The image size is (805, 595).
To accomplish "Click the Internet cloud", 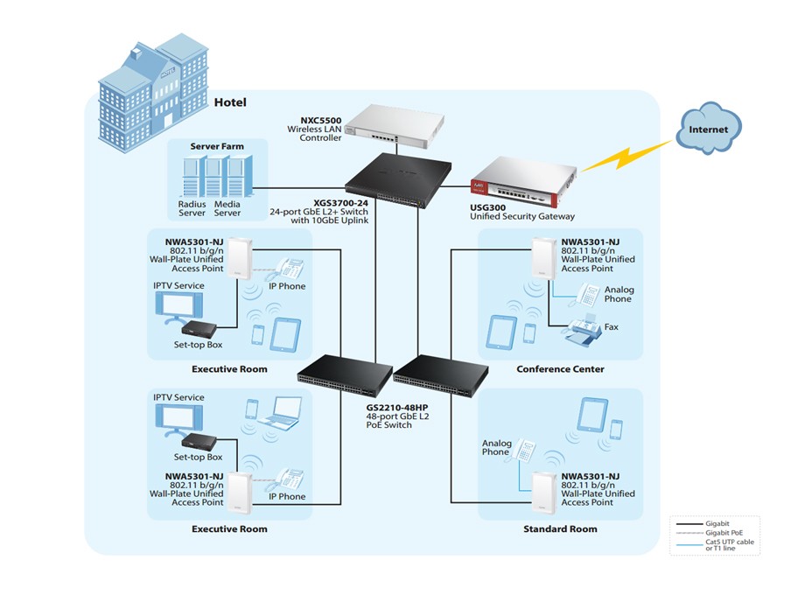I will point(708,129).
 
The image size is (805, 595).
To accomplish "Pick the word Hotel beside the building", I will point(230,102).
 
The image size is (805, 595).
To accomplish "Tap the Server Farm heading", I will point(217,146).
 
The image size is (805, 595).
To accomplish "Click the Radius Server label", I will point(192,208).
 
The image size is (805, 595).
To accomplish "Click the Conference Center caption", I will point(560,369).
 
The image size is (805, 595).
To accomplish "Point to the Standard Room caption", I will point(560,529).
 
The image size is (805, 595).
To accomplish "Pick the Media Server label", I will point(227,208).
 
